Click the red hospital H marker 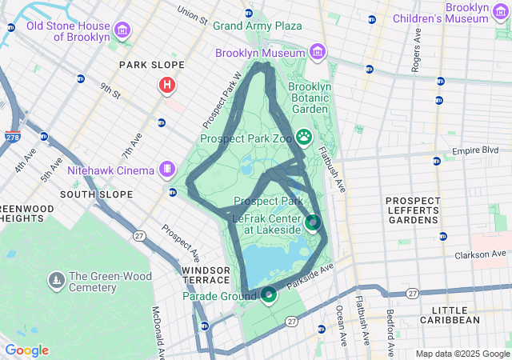[x=167, y=84]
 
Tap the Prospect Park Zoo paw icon [x=304, y=137]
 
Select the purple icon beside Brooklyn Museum [x=318, y=53]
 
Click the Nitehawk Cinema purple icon [x=166, y=169]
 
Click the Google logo [x=26, y=350]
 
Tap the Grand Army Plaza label [x=257, y=26]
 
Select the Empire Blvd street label [x=475, y=150]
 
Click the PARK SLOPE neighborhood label [x=151, y=65]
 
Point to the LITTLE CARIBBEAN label [x=455, y=314]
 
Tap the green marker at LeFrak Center [x=313, y=222]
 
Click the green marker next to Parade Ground [x=268, y=296]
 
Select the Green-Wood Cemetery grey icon [x=56, y=281]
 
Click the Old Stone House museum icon [x=122, y=31]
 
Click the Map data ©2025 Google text [x=462, y=354]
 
